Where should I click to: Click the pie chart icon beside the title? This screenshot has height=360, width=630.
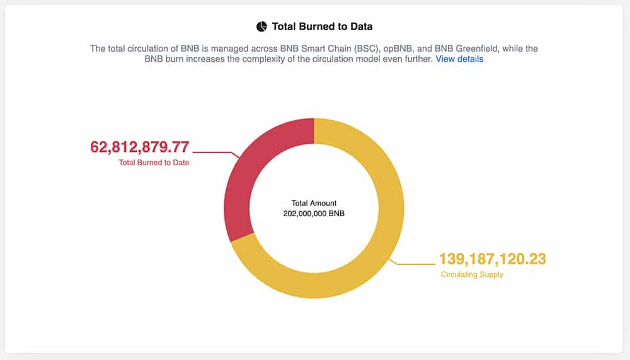pos(261,26)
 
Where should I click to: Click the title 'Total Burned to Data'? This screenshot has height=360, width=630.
pos(322,26)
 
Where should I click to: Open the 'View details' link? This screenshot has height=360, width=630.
pos(459,59)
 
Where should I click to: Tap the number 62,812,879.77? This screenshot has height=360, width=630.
pos(139,147)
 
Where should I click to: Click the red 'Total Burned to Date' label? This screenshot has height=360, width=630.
pos(154,163)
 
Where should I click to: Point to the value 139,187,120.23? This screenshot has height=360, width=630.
pos(493,259)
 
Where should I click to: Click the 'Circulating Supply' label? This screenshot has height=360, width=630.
pos(472,275)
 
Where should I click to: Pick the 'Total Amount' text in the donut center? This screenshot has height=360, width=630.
pos(314,203)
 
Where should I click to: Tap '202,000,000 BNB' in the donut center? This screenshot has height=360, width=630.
pos(314,214)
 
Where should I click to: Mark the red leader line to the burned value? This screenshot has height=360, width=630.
pos(216,153)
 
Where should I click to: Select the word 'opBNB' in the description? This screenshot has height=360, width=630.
pos(398,49)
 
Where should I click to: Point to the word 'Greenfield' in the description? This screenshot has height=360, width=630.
pos(476,49)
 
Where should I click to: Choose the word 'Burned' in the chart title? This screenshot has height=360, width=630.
pos(313,26)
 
